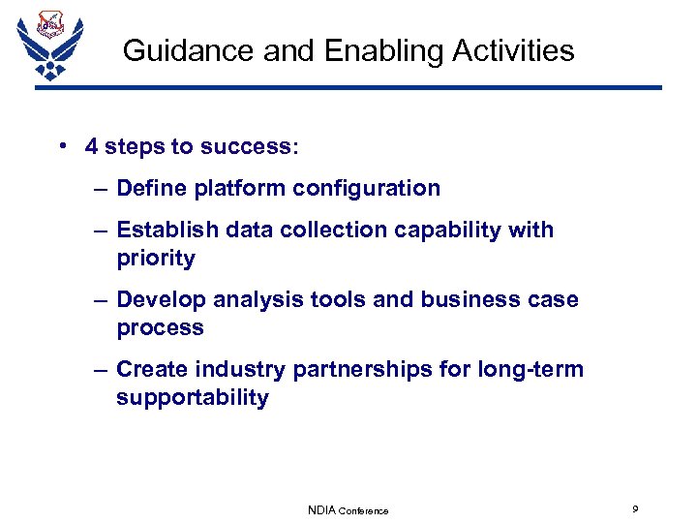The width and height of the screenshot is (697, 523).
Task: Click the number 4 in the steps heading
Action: tap(91, 146)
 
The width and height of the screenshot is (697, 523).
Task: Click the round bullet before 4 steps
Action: tap(61, 146)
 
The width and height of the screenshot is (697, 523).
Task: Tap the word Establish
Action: tap(163, 230)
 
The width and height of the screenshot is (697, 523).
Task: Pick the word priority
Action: tap(156, 259)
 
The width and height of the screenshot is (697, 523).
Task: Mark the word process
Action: tap(160, 328)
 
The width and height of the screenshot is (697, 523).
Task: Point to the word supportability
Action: tap(193, 398)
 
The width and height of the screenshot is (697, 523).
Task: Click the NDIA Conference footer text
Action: tap(348, 509)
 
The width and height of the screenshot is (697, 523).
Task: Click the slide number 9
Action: tap(634, 508)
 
